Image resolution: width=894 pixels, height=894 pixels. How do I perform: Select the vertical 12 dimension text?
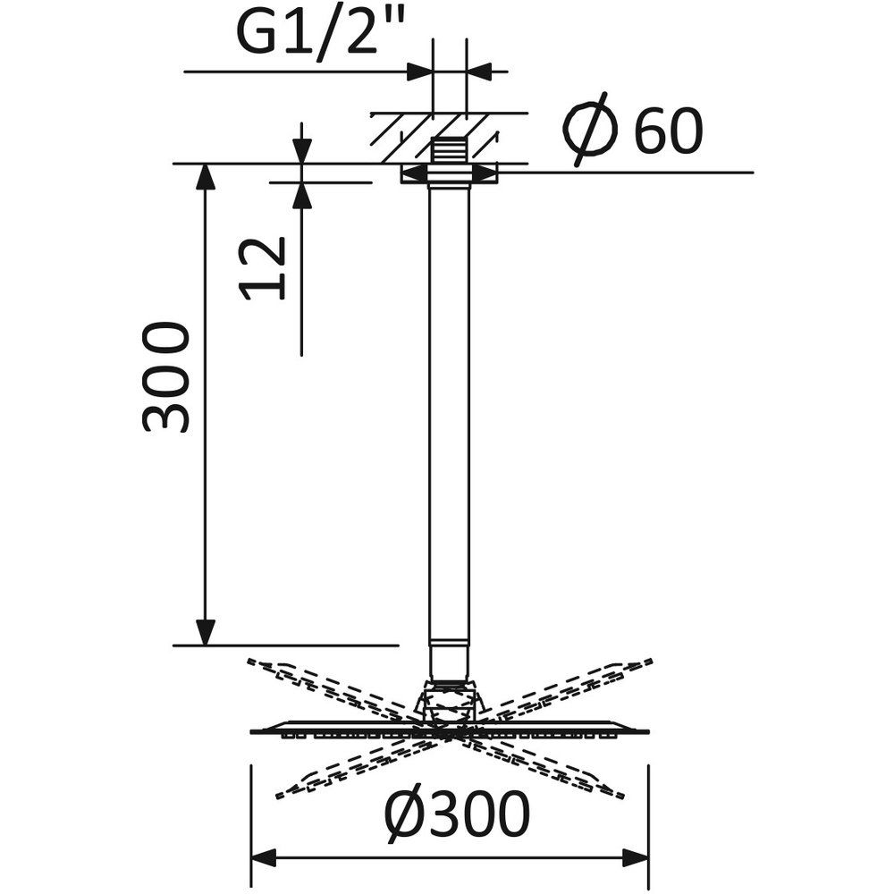263,268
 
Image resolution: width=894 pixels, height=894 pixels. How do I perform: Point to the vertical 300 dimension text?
165,377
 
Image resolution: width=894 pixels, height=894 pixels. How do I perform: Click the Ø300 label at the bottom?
457,814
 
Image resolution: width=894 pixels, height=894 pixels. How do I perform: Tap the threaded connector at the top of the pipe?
450,152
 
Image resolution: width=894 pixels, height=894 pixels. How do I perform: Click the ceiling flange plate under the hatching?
450,174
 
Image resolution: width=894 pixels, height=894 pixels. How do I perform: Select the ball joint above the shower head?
450,704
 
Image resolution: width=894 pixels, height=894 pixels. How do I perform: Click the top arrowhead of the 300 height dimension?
206,177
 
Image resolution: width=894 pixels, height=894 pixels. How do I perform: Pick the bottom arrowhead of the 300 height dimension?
206,633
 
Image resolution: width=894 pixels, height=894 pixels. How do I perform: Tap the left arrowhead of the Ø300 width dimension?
264,857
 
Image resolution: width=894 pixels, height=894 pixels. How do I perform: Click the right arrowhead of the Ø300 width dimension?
636,857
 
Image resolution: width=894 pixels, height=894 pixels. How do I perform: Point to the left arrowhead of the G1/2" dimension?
419,72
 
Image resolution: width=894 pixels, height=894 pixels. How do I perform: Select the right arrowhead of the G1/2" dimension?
479,72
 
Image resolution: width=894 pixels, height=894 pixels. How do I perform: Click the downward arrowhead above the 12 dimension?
301,150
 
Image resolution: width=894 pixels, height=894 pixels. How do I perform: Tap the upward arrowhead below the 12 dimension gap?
301,196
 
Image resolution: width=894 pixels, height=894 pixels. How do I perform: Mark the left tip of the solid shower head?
252,731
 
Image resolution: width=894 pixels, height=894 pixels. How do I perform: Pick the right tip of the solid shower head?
648,731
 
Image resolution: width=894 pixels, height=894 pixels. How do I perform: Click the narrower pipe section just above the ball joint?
450,662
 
